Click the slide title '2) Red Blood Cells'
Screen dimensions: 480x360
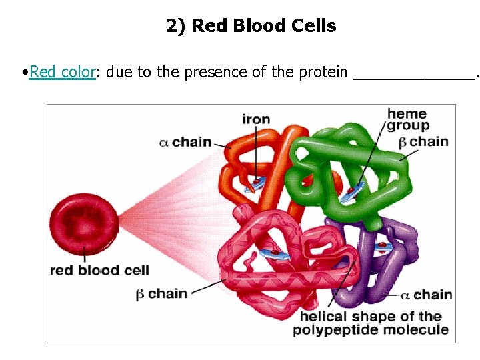pyautogui.click(x=251, y=26)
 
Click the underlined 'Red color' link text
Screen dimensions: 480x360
pyautogui.click(x=63, y=72)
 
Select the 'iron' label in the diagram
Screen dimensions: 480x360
pyautogui.click(x=256, y=120)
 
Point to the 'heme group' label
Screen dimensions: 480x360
pyautogui.click(x=407, y=119)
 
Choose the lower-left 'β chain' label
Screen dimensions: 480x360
pyautogui.click(x=161, y=293)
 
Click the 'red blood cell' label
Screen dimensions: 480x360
pyautogui.click(x=99, y=270)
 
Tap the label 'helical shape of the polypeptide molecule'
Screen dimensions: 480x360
pyautogui.click(x=371, y=323)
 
